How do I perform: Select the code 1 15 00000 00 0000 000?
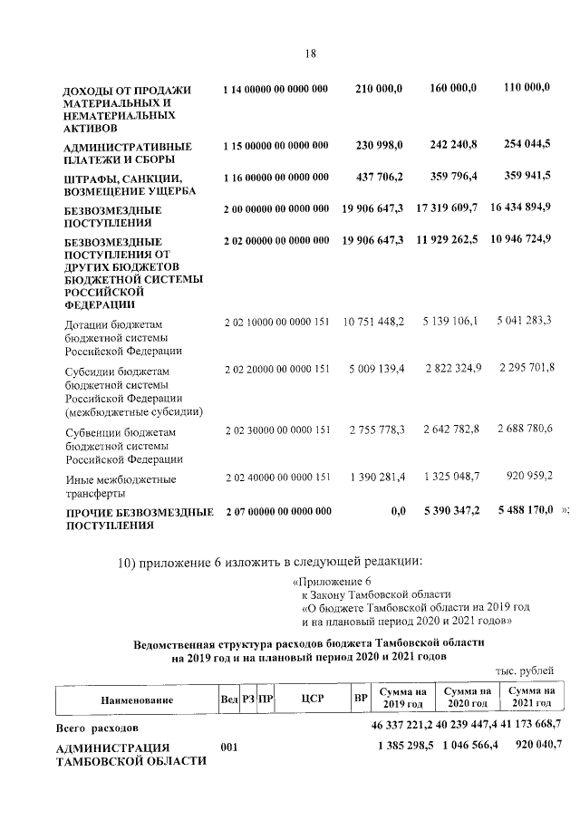tap(275, 146)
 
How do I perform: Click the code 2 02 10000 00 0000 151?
tap(275, 323)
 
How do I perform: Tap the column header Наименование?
tap(130, 700)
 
